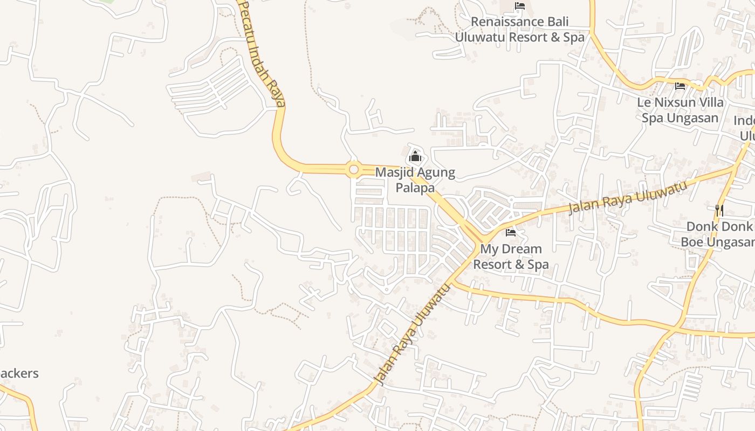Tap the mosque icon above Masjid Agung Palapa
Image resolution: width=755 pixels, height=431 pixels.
click(415, 157)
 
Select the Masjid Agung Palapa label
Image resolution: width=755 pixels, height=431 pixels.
click(415, 180)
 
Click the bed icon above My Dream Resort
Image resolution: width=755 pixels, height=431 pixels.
click(511, 233)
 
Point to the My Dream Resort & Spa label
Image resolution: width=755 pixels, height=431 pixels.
click(511, 256)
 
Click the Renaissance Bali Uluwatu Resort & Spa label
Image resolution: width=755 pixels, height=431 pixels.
click(519, 30)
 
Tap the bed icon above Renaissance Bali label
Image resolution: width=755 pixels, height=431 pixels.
click(520, 6)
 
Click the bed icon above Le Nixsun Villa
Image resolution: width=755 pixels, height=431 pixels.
click(680, 86)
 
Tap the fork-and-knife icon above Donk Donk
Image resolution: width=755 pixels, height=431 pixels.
click(719, 210)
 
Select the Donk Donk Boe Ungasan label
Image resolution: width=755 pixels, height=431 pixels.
click(717, 234)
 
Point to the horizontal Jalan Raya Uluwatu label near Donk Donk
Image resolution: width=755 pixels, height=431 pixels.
click(628, 197)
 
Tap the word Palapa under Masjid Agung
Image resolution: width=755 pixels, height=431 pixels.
click(415, 187)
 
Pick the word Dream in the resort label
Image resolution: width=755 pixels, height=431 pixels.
click(514, 249)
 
